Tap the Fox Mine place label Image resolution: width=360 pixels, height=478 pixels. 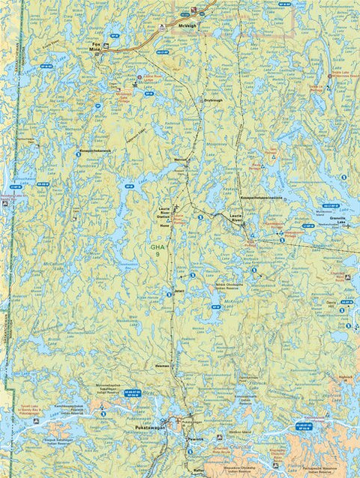95,49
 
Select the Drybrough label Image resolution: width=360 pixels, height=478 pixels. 213,100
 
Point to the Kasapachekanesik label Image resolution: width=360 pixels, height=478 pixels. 96,151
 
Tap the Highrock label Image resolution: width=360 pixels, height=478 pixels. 345,377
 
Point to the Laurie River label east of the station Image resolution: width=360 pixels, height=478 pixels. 237,217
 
